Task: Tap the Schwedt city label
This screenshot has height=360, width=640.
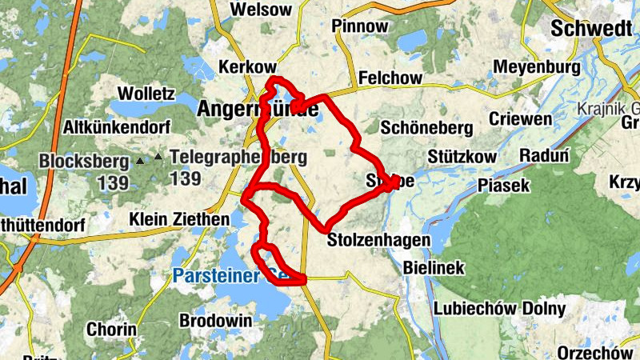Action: click(x=590, y=29)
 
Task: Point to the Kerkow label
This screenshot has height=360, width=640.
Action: click(x=246, y=67)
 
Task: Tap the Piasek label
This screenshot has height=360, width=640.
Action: click(x=504, y=186)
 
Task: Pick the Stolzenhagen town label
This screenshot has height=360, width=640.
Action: click(x=379, y=239)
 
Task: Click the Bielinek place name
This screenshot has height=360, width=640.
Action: click(x=434, y=268)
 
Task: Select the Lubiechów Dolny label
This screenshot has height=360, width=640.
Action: click(x=499, y=309)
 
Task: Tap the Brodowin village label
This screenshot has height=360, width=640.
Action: click(x=216, y=320)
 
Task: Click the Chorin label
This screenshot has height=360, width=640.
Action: click(x=111, y=330)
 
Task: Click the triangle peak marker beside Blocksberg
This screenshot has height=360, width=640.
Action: click(x=142, y=161)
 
